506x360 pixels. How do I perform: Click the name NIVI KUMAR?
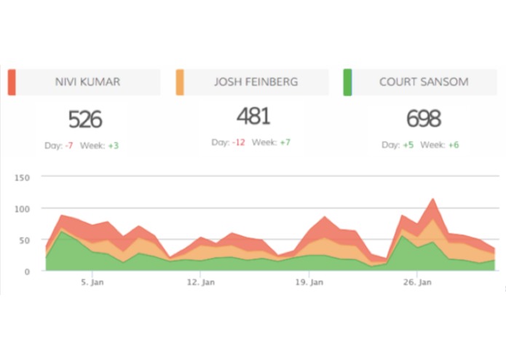(x=88, y=82)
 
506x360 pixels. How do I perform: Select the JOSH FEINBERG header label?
(x=256, y=82)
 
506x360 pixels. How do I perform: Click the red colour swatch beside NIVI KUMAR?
(x=12, y=82)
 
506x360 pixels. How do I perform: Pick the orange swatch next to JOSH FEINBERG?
(x=180, y=82)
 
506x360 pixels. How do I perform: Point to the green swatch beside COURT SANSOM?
(x=347, y=82)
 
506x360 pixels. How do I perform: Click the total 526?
(x=85, y=120)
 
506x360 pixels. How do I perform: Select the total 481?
(x=253, y=116)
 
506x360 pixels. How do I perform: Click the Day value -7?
(x=68, y=146)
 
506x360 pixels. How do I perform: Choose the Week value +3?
(x=113, y=146)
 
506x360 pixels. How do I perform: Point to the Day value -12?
(x=238, y=142)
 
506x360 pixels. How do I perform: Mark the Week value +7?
(x=285, y=142)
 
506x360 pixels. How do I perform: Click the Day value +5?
(x=408, y=146)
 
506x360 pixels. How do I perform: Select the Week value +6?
(x=453, y=146)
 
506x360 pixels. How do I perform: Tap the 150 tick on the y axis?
(x=22, y=178)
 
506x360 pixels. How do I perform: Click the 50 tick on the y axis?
(x=24, y=240)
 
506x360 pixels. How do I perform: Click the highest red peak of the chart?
(x=433, y=198)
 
